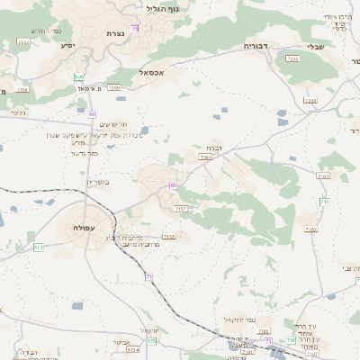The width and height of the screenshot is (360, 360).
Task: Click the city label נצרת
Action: pyautogui.click(x=115, y=33)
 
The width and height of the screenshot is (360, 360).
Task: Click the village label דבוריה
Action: pyautogui.click(x=257, y=44)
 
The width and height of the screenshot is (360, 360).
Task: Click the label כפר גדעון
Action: pyautogui.click(x=83, y=153)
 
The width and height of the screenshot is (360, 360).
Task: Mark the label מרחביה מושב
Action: pyautogui.click(x=139, y=246)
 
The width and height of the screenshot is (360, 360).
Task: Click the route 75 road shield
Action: pyautogui.click(x=135, y=29)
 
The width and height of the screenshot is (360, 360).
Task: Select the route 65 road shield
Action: pyautogui.click(x=172, y=185)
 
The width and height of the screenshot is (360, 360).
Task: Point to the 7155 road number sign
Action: pyautogui.click(x=169, y=237)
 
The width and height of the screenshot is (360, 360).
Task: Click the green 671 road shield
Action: pyautogui.click(x=38, y=247)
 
